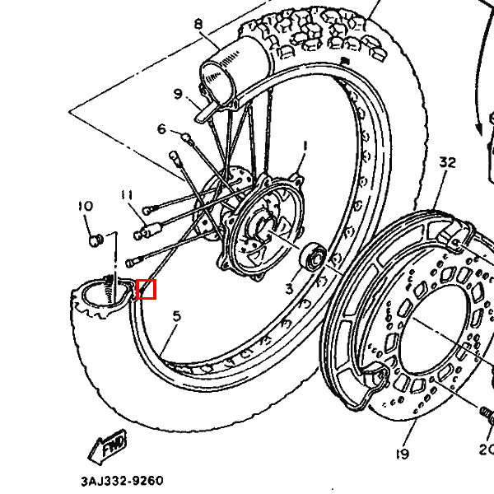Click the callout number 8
[198, 24]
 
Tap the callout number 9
[178, 94]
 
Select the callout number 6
[161, 129]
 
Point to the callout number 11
[127, 195]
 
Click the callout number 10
[86, 206]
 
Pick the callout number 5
[177, 316]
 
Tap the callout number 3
[290, 289]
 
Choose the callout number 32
[448, 162]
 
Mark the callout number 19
[403, 454]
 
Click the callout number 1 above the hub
[305, 147]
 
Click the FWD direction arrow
[107, 446]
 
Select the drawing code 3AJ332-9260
[122, 481]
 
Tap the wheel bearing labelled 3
[313, 256]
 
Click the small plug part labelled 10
[96, 240]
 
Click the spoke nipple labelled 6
[189, 140]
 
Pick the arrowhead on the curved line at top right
[479, 130]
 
